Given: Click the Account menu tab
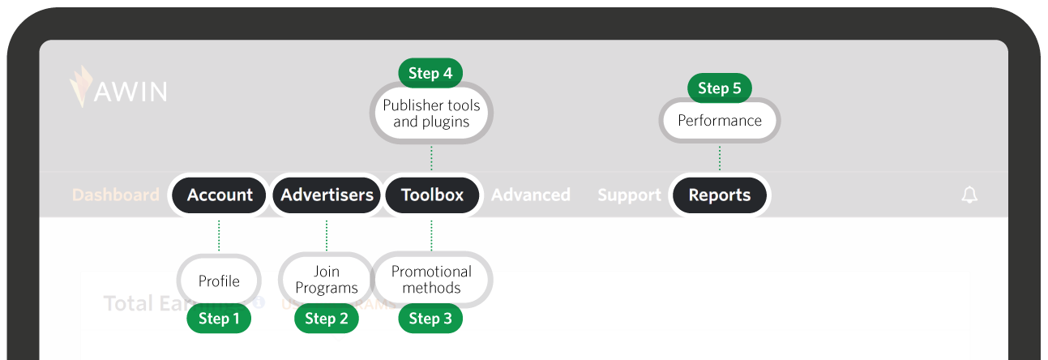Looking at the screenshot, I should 220,195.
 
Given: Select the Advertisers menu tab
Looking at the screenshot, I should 327,195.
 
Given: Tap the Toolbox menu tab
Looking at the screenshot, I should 432,195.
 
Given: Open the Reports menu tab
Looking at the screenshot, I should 719,195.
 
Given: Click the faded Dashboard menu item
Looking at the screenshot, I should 116,195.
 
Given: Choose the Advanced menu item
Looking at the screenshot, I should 531,195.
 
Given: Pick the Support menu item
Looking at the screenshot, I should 629,195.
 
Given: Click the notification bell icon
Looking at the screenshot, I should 969,195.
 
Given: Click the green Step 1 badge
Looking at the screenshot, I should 219,319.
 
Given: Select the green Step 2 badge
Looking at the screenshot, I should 327,319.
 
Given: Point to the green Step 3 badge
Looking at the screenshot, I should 430,319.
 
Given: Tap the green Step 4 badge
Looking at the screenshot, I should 430,73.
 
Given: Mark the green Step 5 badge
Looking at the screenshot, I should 719,88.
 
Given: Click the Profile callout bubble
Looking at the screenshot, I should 219,281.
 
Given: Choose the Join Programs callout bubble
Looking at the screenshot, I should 327,280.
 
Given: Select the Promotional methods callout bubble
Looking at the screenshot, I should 431,280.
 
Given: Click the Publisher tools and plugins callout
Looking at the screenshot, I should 431,114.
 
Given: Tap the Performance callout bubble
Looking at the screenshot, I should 720,121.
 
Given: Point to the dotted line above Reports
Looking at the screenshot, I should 720,158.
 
